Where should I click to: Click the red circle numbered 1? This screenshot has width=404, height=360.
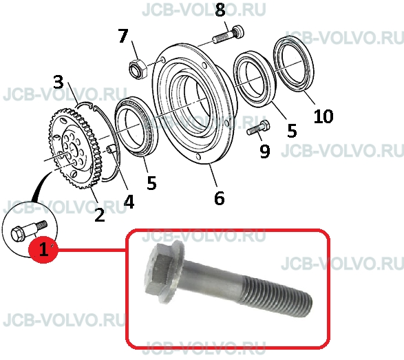click(43, 249)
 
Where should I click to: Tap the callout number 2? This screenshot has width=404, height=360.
click(100, 215)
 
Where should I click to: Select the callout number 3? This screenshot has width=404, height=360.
click(59, 82)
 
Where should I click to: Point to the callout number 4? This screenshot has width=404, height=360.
click(129, 201)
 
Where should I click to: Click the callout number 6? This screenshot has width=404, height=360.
click(219, 198)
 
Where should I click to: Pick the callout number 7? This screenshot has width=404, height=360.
click(123, 35)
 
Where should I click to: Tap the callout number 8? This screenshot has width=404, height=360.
click(220, 10)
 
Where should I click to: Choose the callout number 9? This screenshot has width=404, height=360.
click(264, 151)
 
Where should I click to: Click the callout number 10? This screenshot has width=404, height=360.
click(323, 116)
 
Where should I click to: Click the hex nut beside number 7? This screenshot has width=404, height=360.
click(138, 68)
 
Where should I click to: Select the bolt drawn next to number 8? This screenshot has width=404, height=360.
click(228, 35)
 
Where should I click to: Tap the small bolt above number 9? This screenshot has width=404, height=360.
click(258, 128)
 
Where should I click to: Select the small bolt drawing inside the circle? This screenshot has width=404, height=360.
click(29, 230)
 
